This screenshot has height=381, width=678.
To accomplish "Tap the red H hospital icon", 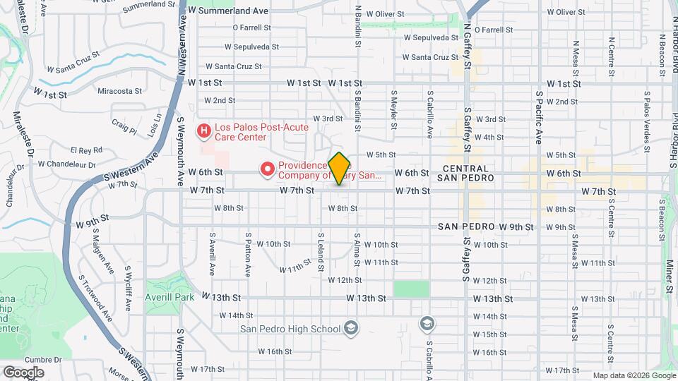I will (x=204, y=131).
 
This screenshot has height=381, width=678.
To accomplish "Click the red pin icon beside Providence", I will (x=268, y=169).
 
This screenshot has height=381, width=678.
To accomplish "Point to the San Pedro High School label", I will (x=290, y=328).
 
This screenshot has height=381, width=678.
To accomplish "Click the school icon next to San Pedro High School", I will (x=351, y=327).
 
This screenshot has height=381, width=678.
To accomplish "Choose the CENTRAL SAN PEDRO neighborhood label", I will (x=466, y=173).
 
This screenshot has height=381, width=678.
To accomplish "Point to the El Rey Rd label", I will (x=86, y=150).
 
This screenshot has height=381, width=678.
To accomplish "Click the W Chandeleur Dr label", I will (x=66, y=164).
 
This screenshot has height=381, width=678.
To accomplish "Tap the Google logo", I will (x=23, y=373).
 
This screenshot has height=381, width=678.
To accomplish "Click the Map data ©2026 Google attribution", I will (x=634, y=375).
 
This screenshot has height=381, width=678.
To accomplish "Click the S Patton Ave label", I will (x=248, y=255).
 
